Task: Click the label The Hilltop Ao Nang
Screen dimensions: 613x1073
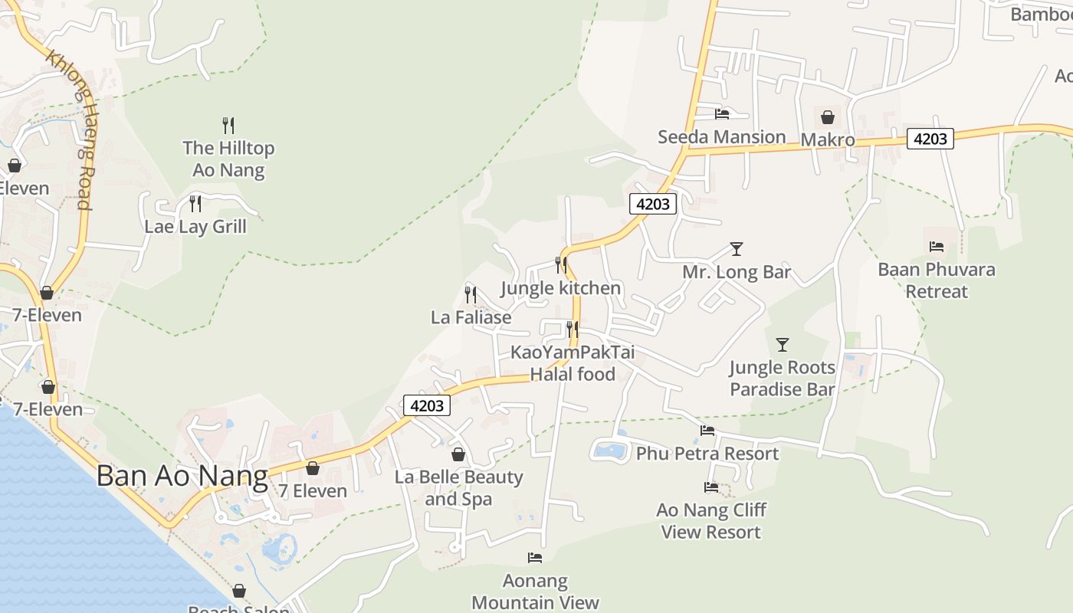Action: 228,159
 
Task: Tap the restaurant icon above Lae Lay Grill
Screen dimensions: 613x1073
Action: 195,204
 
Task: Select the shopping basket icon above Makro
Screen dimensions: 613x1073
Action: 828,117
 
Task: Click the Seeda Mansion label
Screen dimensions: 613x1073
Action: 722,137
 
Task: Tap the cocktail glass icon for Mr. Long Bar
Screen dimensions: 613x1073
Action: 737,249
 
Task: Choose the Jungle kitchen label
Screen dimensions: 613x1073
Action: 561,288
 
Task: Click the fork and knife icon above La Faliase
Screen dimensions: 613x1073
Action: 471,294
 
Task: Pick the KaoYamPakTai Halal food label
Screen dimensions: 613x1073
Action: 573,363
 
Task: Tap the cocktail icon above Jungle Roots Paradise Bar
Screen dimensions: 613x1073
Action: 783,345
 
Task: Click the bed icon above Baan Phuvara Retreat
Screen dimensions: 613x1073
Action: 937,247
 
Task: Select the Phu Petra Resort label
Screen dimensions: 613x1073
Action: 707,454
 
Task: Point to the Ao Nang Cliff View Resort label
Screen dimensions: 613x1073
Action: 711,521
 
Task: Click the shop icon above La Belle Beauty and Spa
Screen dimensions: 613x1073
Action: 458,454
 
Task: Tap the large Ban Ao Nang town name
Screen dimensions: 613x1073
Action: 182,476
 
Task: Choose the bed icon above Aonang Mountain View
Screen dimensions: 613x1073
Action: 535,558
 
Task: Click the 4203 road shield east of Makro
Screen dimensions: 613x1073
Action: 930,139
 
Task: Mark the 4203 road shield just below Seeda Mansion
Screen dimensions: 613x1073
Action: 653,204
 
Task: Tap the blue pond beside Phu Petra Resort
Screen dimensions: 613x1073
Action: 610,450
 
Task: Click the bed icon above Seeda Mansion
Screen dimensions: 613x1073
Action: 722,114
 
